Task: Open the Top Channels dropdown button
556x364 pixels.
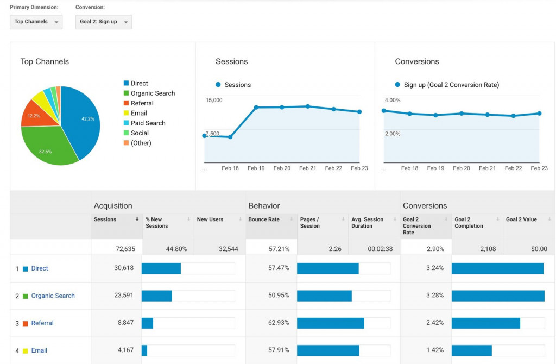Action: [x=36, y=22]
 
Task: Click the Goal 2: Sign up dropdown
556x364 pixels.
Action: [x=103, y=22]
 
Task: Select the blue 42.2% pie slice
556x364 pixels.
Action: [x=81, y=120]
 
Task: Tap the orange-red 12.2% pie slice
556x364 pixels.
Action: [x=36, y=115]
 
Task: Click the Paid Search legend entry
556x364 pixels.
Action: [x=148, y=123]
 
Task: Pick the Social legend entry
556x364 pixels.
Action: [x=140, y=133]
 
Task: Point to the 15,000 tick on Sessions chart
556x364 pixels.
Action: [x=213, y=100]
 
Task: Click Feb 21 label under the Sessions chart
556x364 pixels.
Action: [x=307, y=168]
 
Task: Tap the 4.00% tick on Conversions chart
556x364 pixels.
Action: [x=392, y=100]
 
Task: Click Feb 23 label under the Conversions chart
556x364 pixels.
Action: [x=539, y=168]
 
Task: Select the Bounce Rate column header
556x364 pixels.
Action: [x=264, y=219]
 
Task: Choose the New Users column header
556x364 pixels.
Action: [x=210, y=219]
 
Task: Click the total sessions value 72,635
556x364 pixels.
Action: [x=125, y=249]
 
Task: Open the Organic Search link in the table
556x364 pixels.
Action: [x=53, y=296]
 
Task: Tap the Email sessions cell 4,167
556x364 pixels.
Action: [x=125, y=350]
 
